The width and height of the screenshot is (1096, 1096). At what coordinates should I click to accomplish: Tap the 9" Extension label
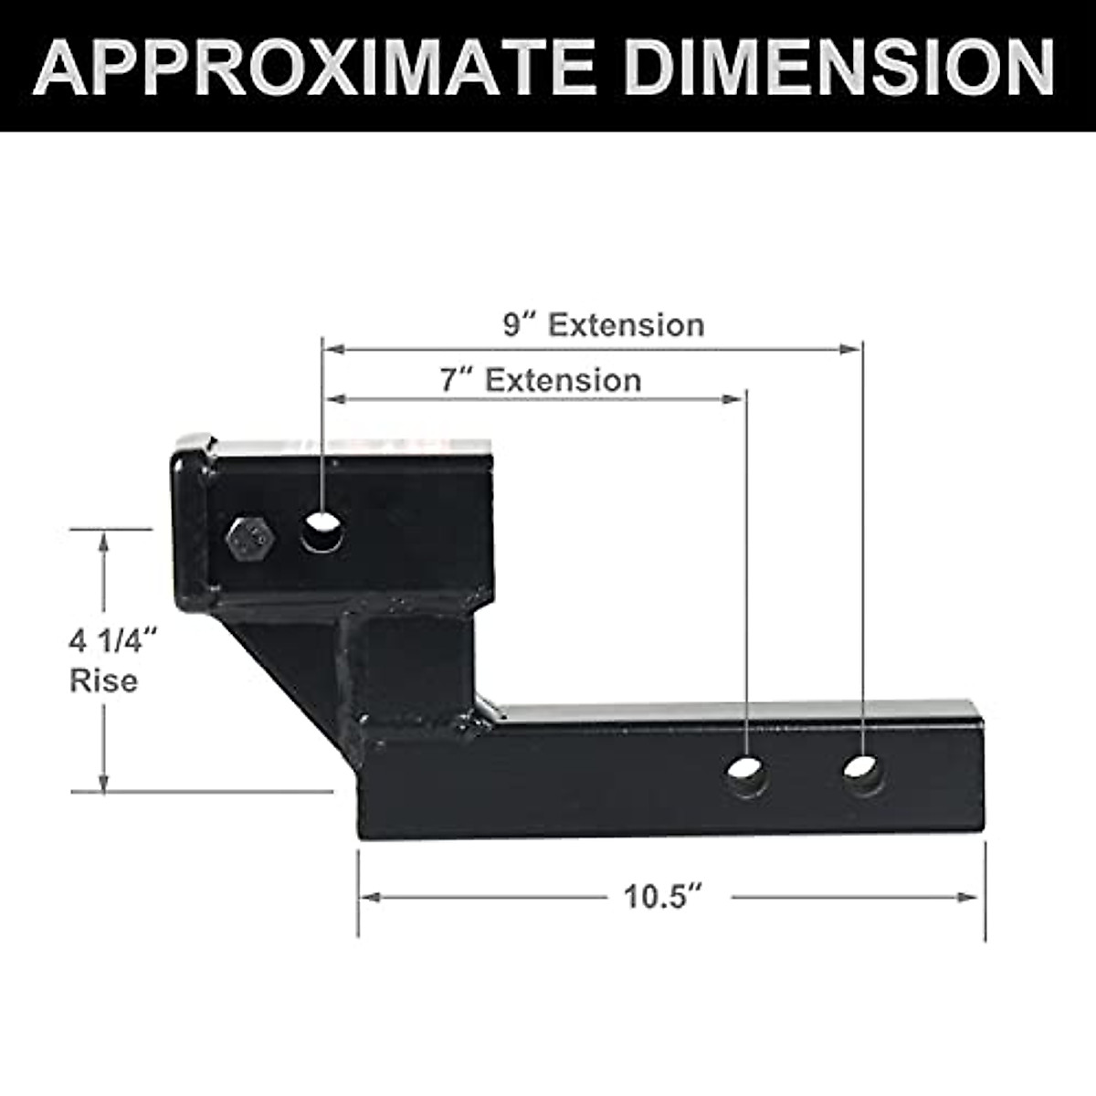[604, 325]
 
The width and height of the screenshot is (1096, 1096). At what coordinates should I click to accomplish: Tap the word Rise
[104, 681]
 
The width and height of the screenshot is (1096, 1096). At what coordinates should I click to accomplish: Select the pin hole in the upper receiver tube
[322, 532]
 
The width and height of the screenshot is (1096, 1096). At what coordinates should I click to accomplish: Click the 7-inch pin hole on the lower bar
[746, 775]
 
